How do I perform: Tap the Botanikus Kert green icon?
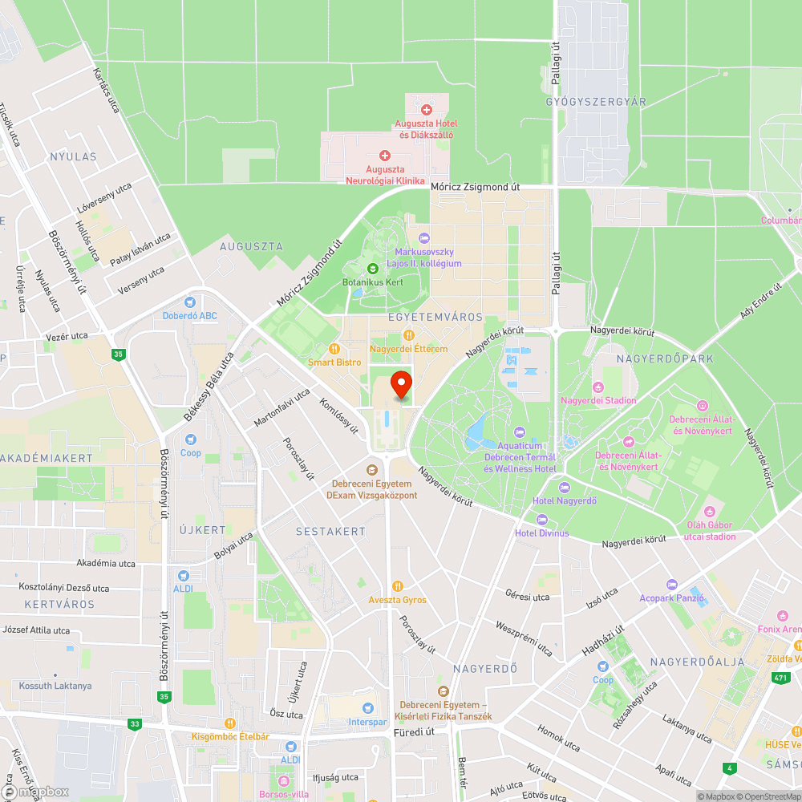[x=372, y=269]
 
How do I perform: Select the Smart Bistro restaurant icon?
[x=334, y=349]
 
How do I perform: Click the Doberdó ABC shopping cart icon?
[x=189, y=302]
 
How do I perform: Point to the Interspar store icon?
[x=368, y=708]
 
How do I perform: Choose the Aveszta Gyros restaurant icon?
[x=397, y=587]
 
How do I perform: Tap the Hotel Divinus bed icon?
[x=541, y=520]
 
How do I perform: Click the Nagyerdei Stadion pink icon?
[x=598, y=387]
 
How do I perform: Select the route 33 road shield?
[x=134, y=723]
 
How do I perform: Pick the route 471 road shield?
[x=780, y=678]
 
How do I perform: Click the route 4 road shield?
[x=728, y=768]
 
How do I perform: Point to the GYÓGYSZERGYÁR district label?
[x=595, y=102]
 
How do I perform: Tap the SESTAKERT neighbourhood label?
[x=330, y=531]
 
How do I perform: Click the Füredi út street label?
[x=414, y=731]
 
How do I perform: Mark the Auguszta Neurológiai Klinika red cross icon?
[x=384, y=156]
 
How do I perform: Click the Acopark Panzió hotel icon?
[x=671, y=585]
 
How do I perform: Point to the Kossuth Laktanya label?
[x=55, y=686]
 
